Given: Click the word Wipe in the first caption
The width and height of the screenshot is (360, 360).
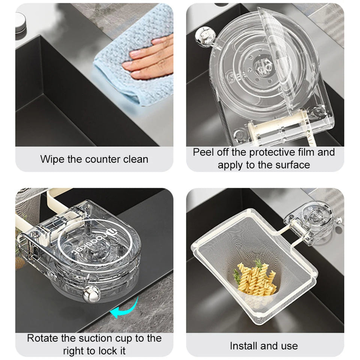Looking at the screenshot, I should click(x=52, y=159).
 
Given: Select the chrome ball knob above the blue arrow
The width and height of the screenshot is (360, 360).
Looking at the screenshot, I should click(x=90, y=292).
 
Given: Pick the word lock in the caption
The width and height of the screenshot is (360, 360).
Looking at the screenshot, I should click(x=107, y=351).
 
